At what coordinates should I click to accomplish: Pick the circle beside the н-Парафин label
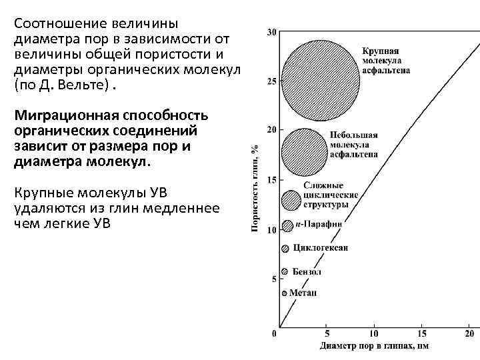287,225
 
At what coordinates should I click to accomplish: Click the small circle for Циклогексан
285,248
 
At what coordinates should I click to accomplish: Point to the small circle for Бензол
285,271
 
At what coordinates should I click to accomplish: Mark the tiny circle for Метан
284,293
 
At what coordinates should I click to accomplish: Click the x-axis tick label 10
373,333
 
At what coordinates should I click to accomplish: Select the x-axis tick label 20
469,333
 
